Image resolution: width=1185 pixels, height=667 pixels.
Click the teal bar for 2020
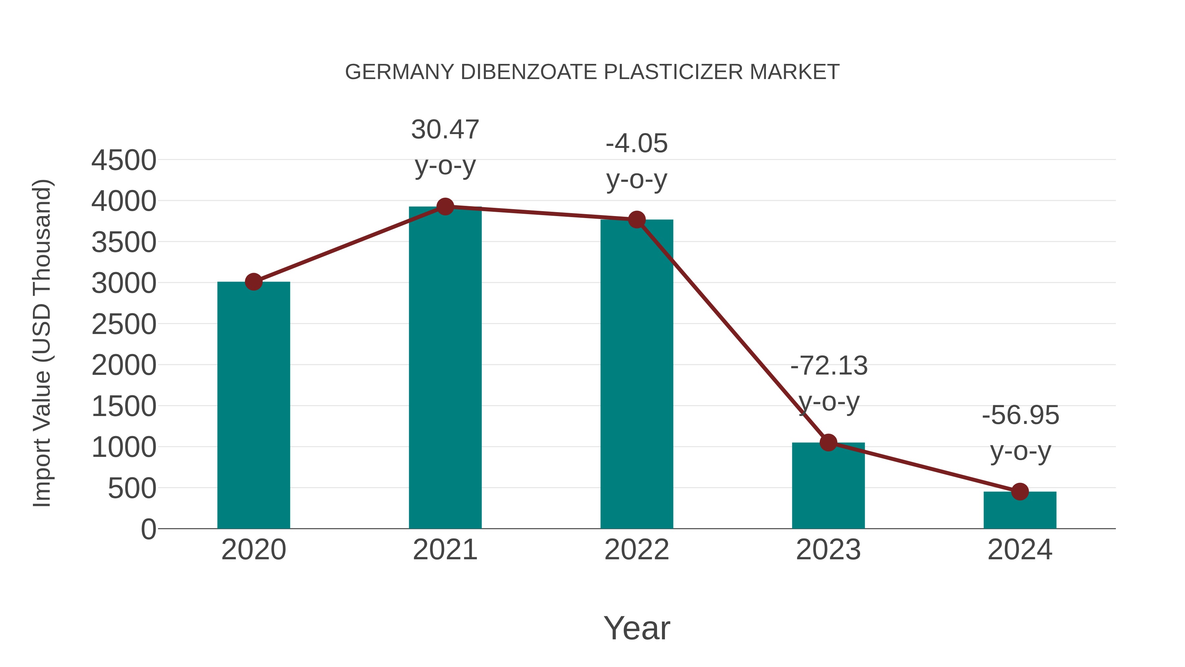(253, 405)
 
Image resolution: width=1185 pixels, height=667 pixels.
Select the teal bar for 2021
(445, 368)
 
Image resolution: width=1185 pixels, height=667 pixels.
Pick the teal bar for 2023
(828, 486)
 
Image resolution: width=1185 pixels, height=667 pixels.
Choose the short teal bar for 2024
(1020, 510)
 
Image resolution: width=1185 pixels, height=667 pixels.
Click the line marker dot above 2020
(253, 282)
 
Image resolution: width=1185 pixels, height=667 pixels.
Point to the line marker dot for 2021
(445, 207)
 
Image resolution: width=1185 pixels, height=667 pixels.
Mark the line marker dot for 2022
(637, 220)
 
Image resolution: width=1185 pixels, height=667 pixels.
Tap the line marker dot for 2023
(828, 442)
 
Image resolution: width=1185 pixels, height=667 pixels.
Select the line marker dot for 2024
(1020, 492)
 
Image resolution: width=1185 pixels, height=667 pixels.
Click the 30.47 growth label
(445, 129)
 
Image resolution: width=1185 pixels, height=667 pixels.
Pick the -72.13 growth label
(829, 366)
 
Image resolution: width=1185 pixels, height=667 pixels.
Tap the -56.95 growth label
(1020, 415)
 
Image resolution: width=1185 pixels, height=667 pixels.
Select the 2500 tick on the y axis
(124, 324)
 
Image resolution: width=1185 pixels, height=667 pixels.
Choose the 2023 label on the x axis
(828, 550)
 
